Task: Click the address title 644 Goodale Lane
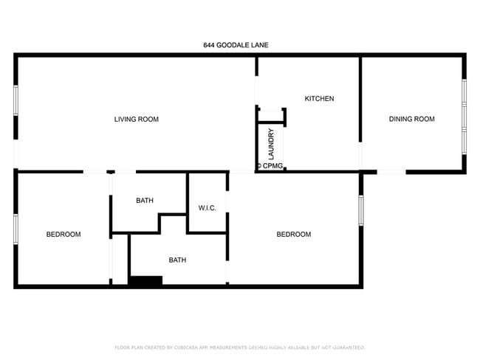[x=236, y=45]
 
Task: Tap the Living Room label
[x=136, y=120]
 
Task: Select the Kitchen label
[x=320, y=99]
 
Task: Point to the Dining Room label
[x=412, y=120]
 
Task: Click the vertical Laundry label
[x=271, y=145]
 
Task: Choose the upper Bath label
[x=145, y=201]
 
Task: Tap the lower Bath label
[x=177, y=260]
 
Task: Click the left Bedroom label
[x=64, y=235]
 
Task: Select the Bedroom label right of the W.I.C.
[x=293, y=235]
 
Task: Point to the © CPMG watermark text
[x=270, y=166]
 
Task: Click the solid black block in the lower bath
[x=145, y=280]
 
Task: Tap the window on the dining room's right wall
[x=464, y=114]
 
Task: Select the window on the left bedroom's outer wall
[x=16, y=235]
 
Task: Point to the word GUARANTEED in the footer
[x=343, y=347]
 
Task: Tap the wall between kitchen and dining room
[x=360, y=100]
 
